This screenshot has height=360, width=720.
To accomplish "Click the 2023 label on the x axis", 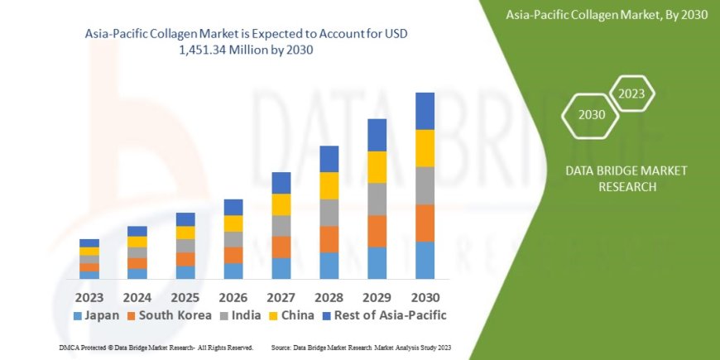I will pyautogui.click(x=89, y=295).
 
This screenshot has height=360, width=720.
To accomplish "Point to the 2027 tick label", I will pyautogui.click(x=281, y=295).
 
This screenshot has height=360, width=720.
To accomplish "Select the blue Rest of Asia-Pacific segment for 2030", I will pyautogui.click(x=425, y=111).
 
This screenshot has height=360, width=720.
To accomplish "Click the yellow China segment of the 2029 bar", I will pyautogui.click(x=377, y=167).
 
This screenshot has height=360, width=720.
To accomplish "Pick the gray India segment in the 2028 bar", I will pyautogui.click(x=329, y=213).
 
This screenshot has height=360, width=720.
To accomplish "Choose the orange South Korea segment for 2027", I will pyautogui.click(x=281, y=247).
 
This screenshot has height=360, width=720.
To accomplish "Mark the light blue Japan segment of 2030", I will pyautogui.click(x=425, y=260).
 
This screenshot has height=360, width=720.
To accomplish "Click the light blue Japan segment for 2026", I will pyautogui.click(x=233, y=271).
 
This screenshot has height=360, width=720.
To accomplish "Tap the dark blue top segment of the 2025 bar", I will pyautogui.click(x=185, y=219).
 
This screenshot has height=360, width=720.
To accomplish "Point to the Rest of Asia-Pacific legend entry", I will pyautogui.click(x=385, y=315).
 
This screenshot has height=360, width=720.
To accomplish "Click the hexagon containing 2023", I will pyautogui.click(x=631, y=94).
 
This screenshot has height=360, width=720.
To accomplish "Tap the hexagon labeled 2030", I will pyautogui.click(x=591, y=115).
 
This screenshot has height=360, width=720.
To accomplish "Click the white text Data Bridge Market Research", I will pyautogui.click(x=614, y=178).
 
